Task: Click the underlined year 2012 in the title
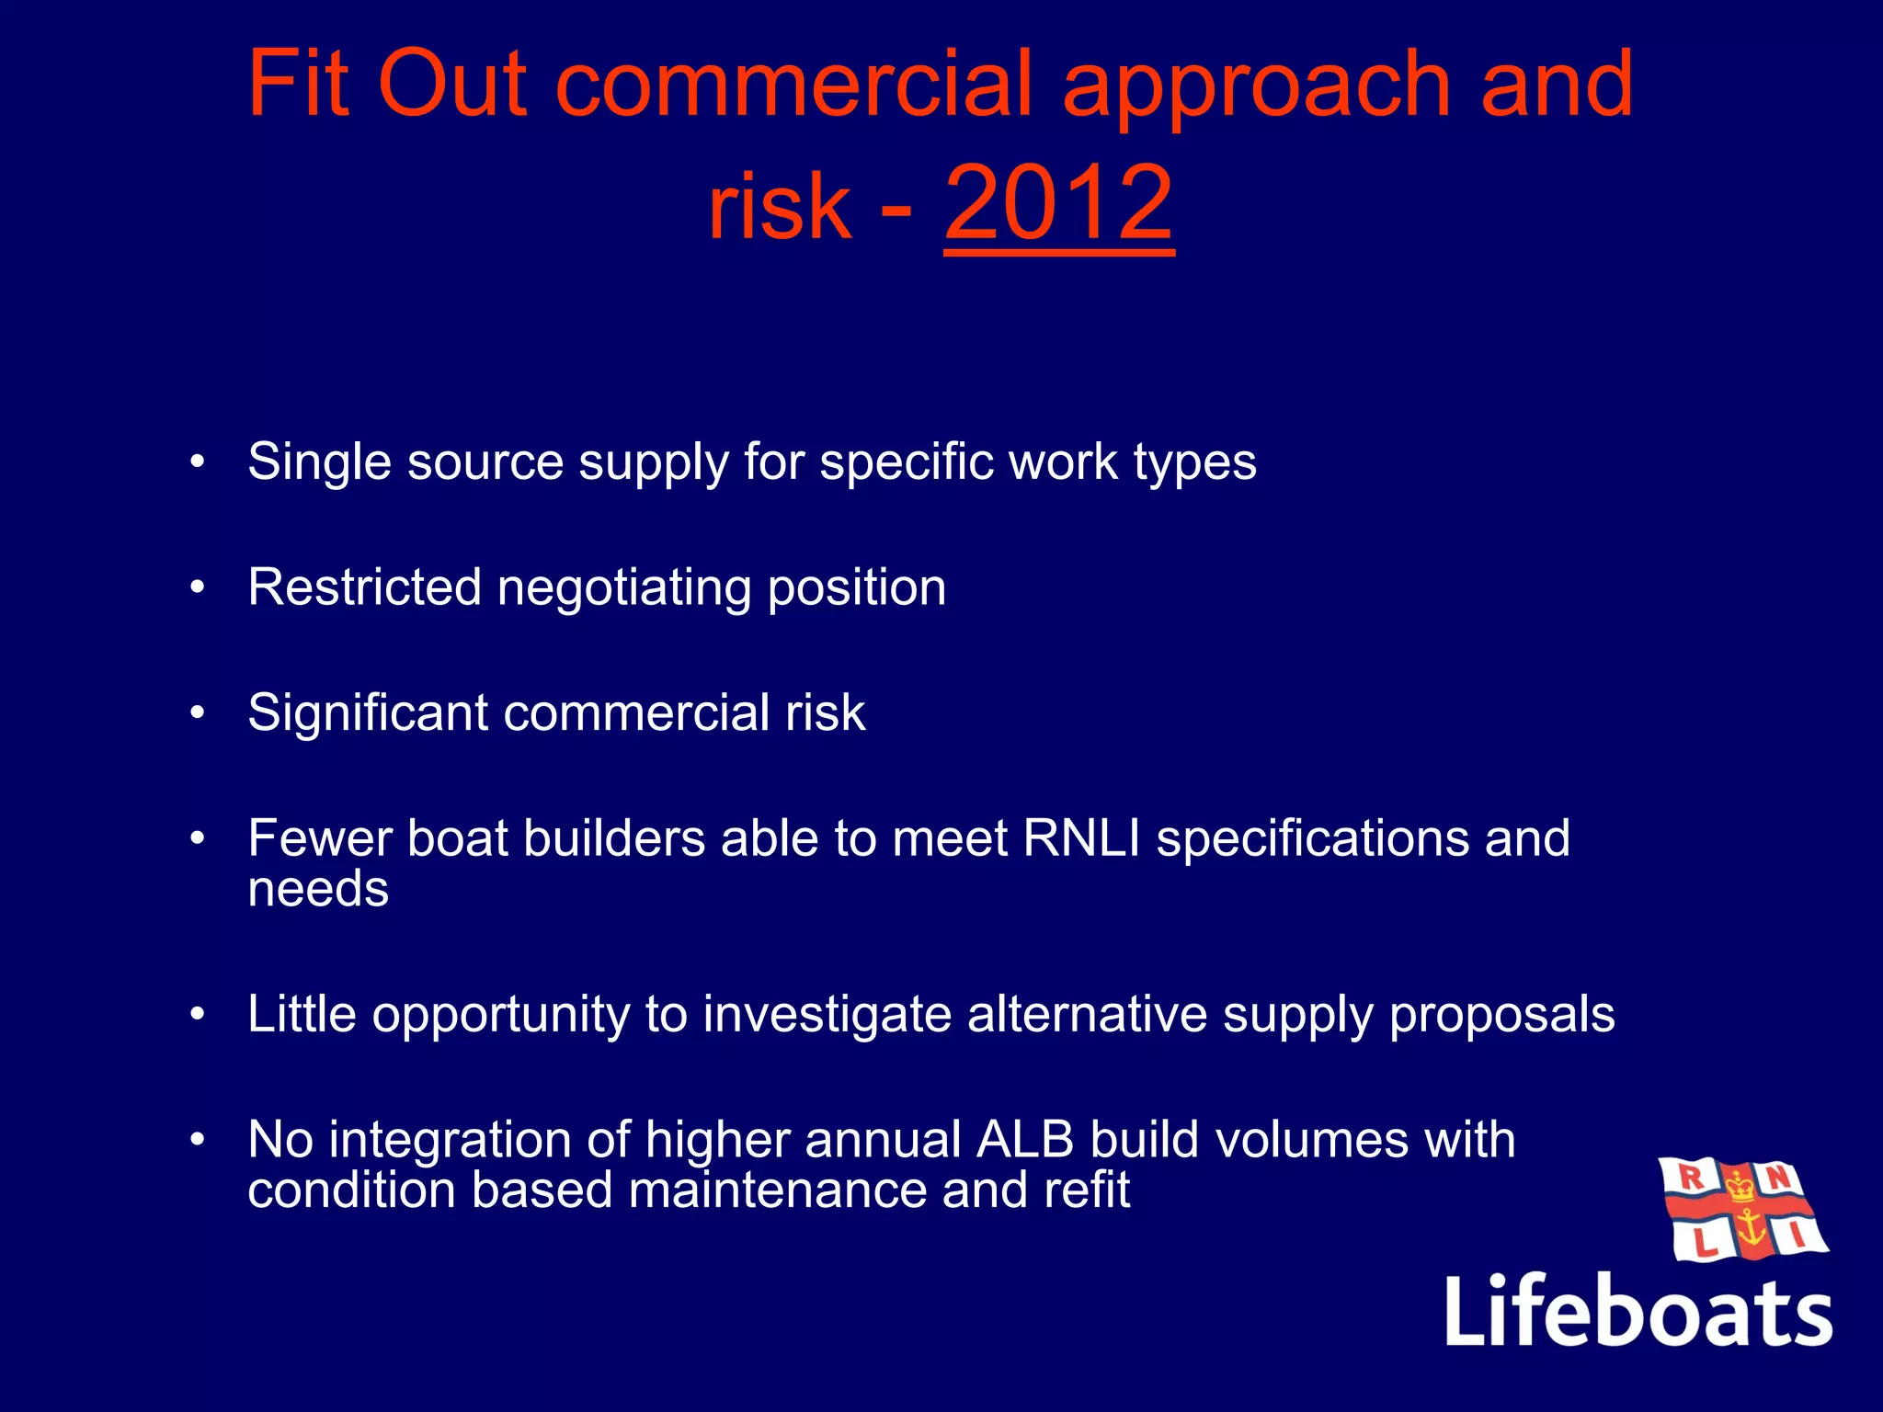(1058, 203)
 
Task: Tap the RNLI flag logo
(1741, 1209)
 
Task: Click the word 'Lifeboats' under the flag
(1638, 1311)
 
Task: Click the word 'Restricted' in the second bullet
(364, 586)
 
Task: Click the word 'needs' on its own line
(318, 889)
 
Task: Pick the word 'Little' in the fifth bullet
(302, 1014)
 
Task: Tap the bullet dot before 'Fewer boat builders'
(197, 838)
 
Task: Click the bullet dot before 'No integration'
(197, 1140)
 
